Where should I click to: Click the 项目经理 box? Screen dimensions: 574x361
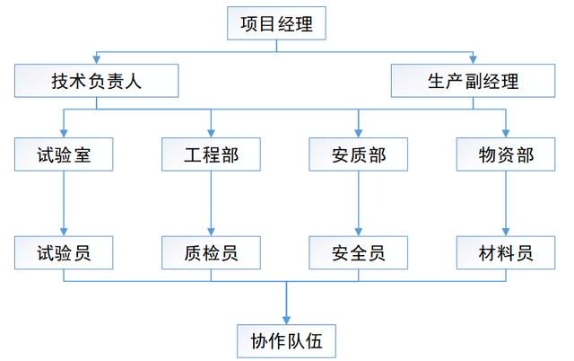276,23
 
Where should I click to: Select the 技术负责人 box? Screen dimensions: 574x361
96,81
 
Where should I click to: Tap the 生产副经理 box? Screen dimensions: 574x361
473,81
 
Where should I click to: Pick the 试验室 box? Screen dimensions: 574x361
64,154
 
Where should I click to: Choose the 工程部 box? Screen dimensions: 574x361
211,154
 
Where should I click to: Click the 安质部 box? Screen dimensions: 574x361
359,154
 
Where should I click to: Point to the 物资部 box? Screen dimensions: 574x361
506,154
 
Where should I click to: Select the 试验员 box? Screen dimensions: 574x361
64,252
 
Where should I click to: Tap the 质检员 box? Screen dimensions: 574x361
211,252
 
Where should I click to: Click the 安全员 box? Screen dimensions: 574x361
359,252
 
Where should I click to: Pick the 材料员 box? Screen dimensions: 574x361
506,252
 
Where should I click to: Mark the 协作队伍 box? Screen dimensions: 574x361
286,341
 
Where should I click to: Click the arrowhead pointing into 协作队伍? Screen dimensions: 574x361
286,321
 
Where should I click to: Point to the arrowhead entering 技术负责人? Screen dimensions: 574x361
96,60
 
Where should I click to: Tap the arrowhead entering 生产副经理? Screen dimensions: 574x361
473,60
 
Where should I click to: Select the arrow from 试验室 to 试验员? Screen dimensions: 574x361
64,204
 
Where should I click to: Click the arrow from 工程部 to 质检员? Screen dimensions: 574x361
211,204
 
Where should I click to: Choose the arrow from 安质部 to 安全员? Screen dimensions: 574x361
359,204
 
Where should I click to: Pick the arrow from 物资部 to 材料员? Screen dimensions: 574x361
506,204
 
